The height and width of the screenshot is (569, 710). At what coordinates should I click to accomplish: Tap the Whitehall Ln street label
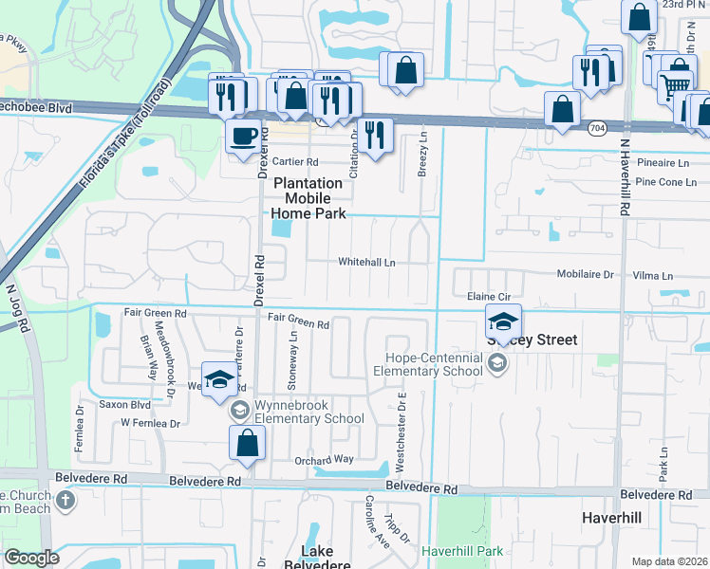pyautogui.click(x=366, y=263)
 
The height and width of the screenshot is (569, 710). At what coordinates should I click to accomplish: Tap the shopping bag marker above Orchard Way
pyautogui.click(x=247, y=444)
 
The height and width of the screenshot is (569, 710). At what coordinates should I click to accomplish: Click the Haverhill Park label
pyautogui.click(x=461, y=550)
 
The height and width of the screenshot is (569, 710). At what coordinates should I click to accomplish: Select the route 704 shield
pyautogui.click(x=596, y=127)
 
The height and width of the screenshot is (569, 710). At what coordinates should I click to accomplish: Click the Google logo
pyautogui.click(x=31, y=558)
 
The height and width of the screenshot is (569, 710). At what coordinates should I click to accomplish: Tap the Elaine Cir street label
pyautogui.click(x=490, y=297)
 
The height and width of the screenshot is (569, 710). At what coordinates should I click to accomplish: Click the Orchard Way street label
pyautogui.click(x=323, y=460)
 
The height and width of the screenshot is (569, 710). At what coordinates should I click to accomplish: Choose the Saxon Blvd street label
pyautogui.click(x=124, y=404)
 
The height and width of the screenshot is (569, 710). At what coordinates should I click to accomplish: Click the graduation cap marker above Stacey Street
pyautogui.click(x=504, y=321)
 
